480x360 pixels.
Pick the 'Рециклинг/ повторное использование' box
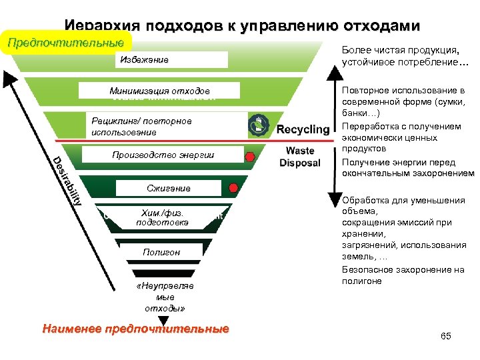[x=167, y=126]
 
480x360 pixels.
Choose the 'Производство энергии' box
[x=163, y=155]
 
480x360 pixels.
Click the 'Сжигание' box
[x=168, y=188]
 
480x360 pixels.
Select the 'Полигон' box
[x=161, y=251]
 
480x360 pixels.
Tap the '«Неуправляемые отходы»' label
[x=164, y=297]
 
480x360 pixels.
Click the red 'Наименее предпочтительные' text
[x=135, y=329]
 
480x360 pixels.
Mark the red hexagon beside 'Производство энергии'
[x=250, y=157]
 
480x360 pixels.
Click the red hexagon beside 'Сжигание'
[x=234, y=188]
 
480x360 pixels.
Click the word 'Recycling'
[x=303, y=129]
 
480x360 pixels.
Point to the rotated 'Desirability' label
[x=68, y=179]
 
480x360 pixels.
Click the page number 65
[x=446, y=336]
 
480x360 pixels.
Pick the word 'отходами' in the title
[x=381, y=27]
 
